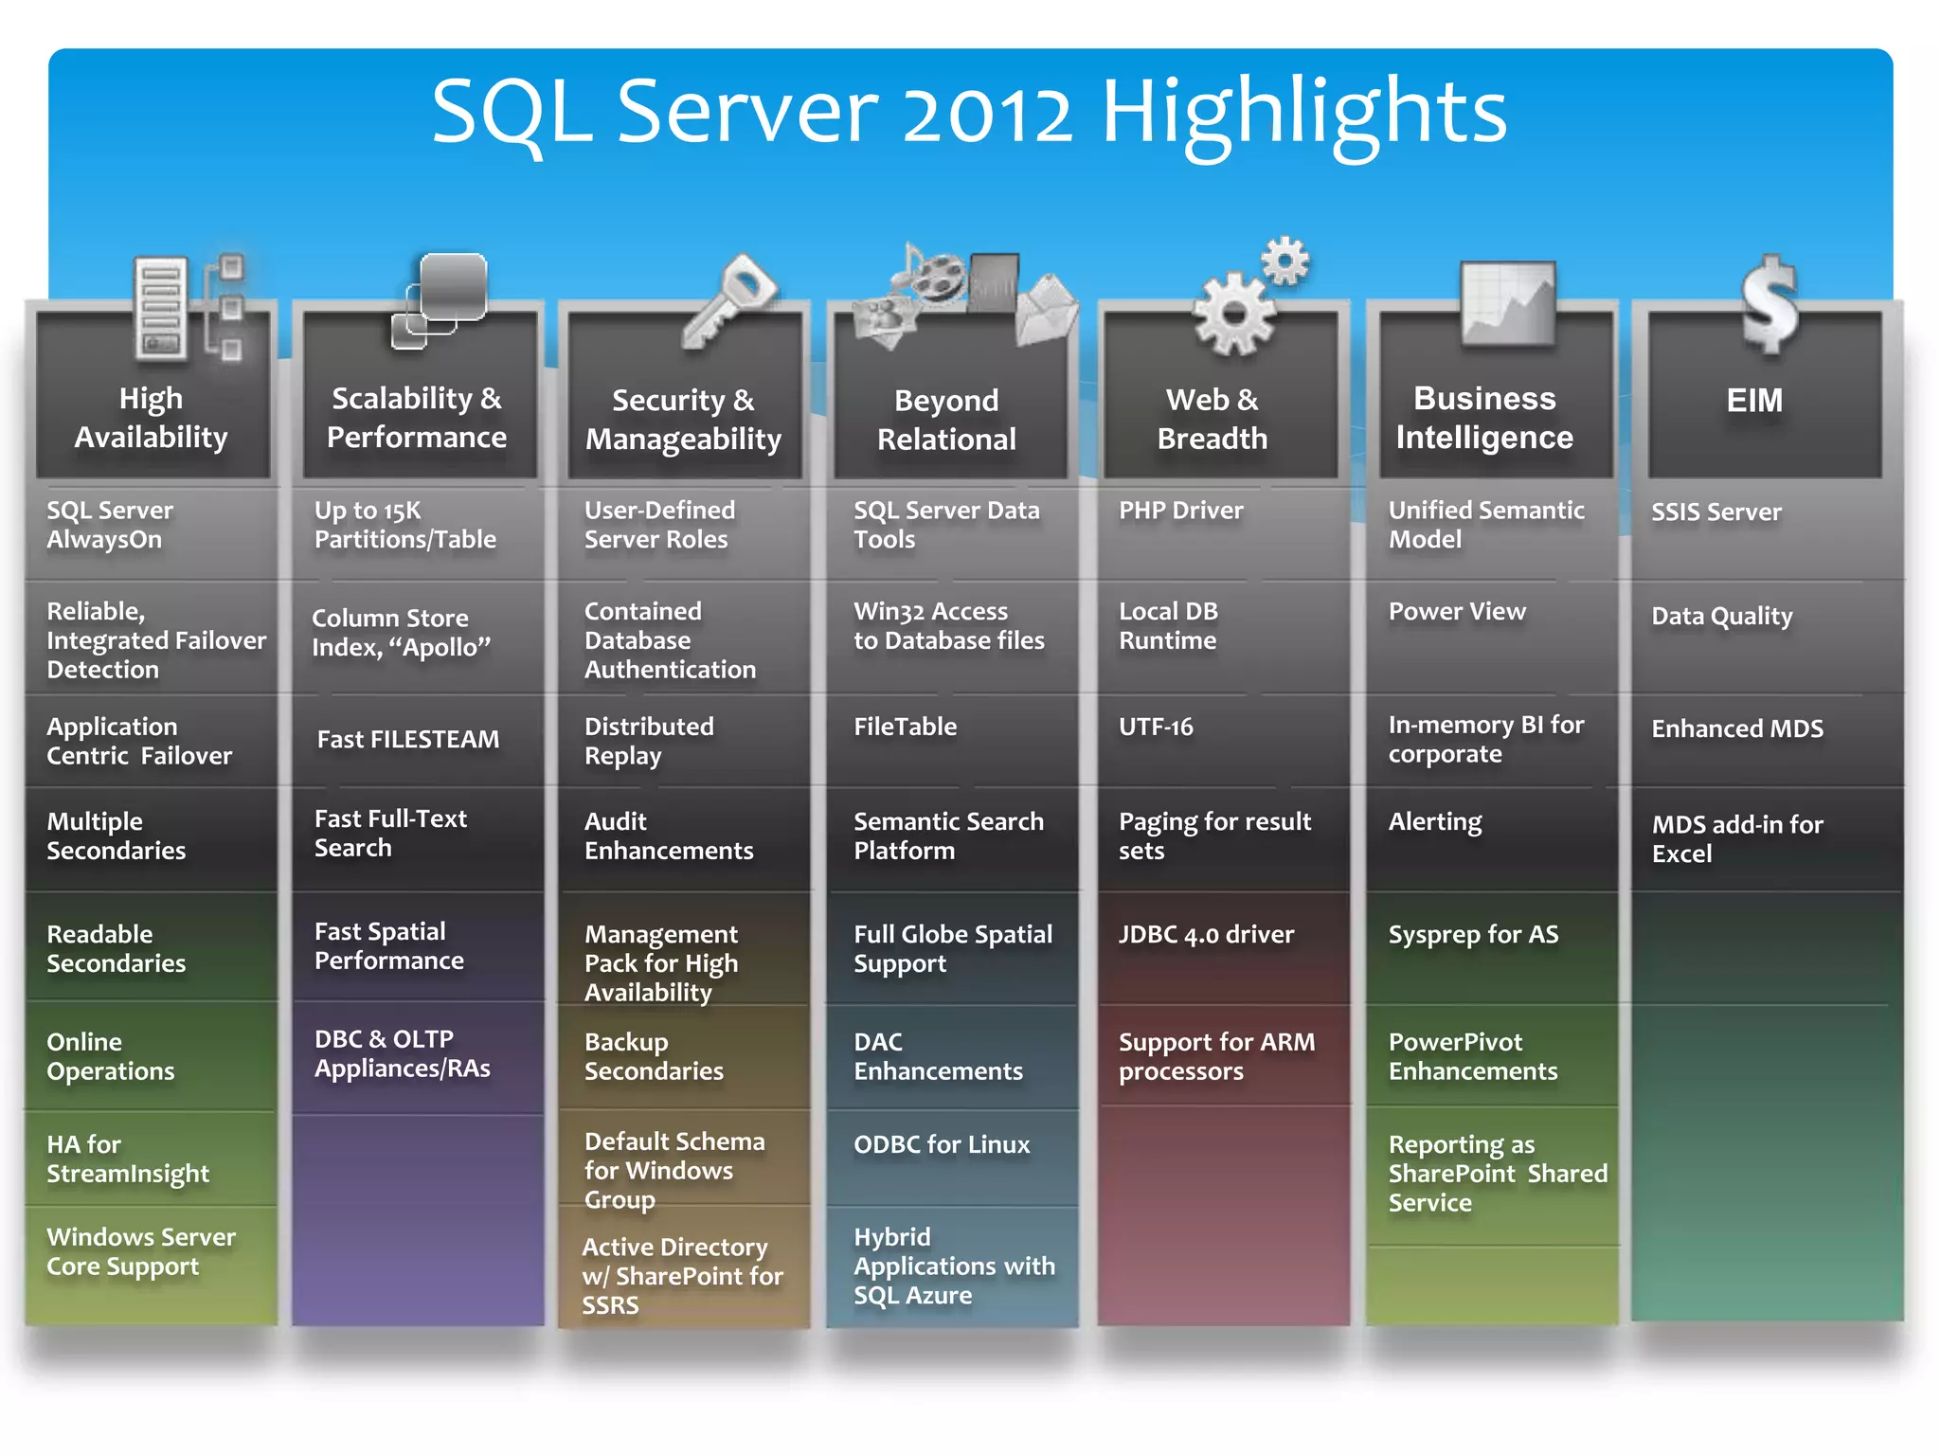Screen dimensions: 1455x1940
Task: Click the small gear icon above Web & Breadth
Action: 1285,260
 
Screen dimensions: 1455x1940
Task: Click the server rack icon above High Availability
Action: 161,309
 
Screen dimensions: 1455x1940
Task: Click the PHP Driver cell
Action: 1180,511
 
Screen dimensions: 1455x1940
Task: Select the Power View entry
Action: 1457,612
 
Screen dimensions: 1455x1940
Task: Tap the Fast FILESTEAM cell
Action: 407,739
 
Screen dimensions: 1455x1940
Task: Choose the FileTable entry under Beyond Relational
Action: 905,727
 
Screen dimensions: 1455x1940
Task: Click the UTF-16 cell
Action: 1156,727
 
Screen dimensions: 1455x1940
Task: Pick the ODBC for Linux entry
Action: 941,1144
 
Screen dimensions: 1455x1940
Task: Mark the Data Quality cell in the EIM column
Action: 1721,617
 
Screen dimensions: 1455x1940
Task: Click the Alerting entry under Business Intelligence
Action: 1435,821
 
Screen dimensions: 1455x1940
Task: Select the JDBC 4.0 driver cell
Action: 1206,935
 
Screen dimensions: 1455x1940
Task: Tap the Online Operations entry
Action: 111,1056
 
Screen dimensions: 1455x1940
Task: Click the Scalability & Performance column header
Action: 417,417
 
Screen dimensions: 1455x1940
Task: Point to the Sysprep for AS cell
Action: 1473,935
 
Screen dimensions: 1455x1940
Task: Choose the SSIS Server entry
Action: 1715,512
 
